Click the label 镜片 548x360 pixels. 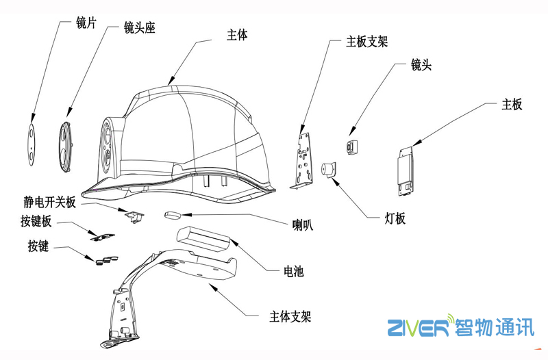click(86, 23)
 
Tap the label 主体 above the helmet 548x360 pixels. click(236, 36)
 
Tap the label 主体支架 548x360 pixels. click(290, 318)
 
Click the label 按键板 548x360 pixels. click(36, 222)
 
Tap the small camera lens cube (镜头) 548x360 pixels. click(352, 146)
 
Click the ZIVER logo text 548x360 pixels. click(417, 329)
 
